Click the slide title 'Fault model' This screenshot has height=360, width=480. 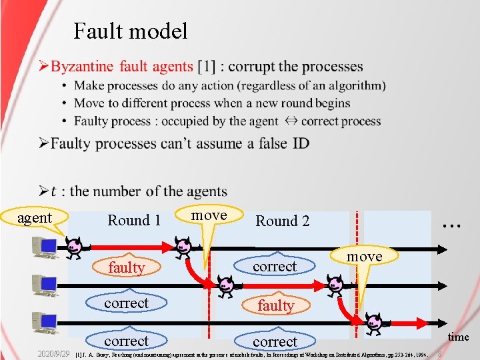[x=131, y=31]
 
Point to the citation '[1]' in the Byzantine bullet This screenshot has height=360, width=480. [x=205, y=67]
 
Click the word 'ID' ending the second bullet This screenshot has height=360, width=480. [x=301, y=143]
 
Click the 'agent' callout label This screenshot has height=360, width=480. [x=35, y=218]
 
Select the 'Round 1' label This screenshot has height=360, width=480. [x=134, y=221]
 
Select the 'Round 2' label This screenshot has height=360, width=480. [x=283, y=221]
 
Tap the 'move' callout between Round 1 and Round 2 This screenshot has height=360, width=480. [x=209, y=215]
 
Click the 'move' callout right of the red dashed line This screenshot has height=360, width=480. [x=365, y=256]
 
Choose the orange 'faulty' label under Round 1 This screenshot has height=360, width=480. [x=127, y=267]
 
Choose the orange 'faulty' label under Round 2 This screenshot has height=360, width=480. [x=275, y=305]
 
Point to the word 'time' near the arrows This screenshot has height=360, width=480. [x=458, y=337]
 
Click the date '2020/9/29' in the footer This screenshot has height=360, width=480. [x=53, y=351]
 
